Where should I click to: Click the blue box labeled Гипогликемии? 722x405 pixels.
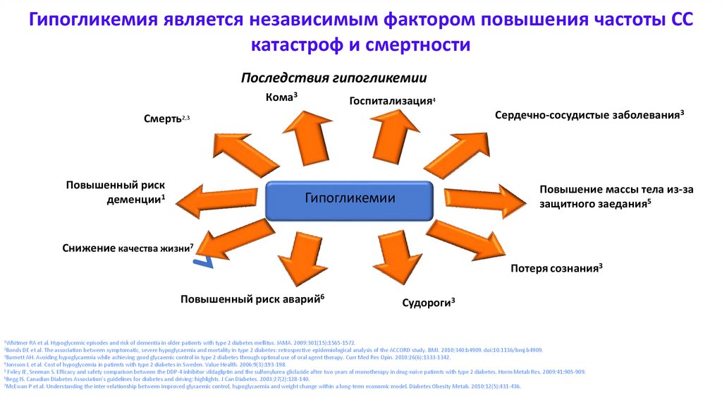350,198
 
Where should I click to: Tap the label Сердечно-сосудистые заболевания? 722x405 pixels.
589,114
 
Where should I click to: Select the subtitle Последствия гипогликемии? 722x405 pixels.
334,78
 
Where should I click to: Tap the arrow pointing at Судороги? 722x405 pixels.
396,257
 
